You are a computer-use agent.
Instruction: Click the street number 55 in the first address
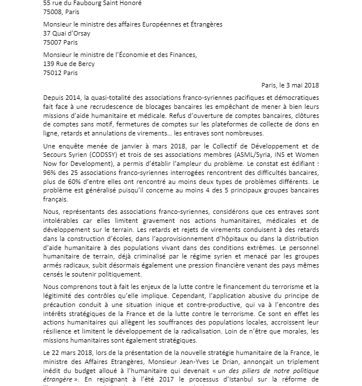click(x=47, y=3)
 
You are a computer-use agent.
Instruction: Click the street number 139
click(x=50, y=64)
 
